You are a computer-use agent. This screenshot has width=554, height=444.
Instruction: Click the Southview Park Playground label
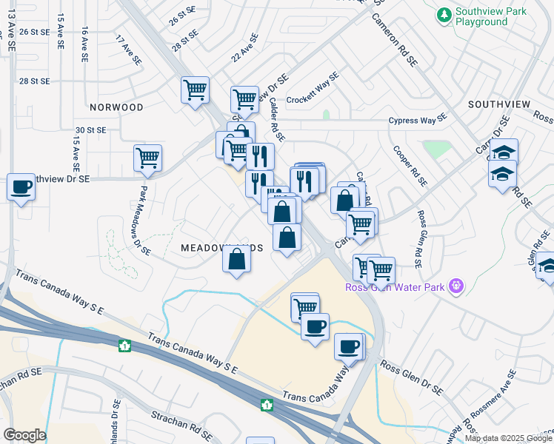[x=491, y=16]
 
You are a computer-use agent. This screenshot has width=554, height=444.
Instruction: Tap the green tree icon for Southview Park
[x=444, y=14]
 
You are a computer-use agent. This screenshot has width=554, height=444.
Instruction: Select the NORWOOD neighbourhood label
[x=117, y=107]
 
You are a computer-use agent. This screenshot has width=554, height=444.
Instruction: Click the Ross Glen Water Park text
[x=396, y=287]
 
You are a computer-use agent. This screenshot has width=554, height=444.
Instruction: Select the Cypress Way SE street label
[x=419, y=120]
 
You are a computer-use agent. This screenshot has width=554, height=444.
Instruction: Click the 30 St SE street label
[x=90, y=129]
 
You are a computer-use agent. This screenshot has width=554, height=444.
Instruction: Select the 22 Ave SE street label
[x=244, y=47]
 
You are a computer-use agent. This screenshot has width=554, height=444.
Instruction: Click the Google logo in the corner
[x=24, y=435]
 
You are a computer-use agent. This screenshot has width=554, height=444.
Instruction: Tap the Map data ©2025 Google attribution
[x=508, y=438]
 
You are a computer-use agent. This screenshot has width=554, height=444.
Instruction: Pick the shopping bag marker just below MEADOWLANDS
[x=236, y=260]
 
